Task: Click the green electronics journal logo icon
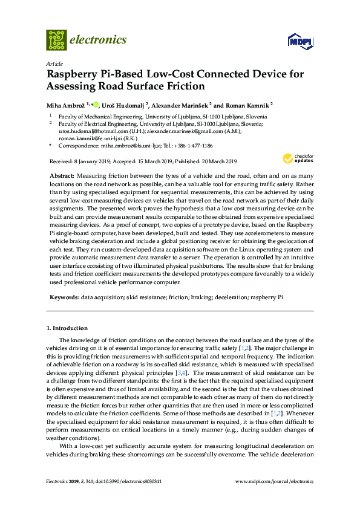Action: point(56,40)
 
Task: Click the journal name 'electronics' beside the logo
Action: point(98,40)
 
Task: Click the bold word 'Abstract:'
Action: point(62,174)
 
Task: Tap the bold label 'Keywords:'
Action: point(64,298)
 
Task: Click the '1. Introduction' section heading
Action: point(67,328)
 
